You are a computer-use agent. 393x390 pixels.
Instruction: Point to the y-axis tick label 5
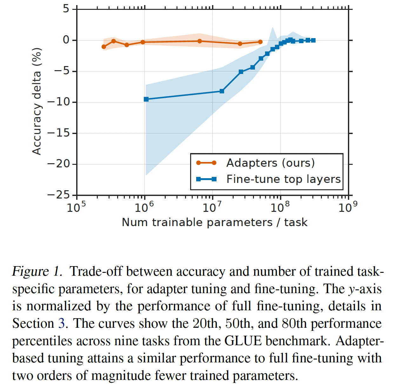66,9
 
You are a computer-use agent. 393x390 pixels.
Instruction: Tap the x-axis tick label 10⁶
144,208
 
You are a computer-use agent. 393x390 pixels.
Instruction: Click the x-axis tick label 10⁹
348,208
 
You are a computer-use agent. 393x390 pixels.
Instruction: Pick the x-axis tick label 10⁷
212,208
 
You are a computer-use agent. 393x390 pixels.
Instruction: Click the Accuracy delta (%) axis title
37,101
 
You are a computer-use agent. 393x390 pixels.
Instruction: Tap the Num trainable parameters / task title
215,222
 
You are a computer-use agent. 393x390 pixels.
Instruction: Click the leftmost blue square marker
146,99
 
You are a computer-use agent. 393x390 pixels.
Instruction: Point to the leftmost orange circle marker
104,47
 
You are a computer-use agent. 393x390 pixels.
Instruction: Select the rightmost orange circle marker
260,42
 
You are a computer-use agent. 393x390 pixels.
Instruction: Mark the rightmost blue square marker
313,40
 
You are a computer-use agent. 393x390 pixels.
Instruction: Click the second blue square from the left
222,91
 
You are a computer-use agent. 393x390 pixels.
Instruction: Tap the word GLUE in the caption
243,341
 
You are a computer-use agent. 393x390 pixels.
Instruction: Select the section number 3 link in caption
61,324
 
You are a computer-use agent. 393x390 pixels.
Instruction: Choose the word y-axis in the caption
365,289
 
